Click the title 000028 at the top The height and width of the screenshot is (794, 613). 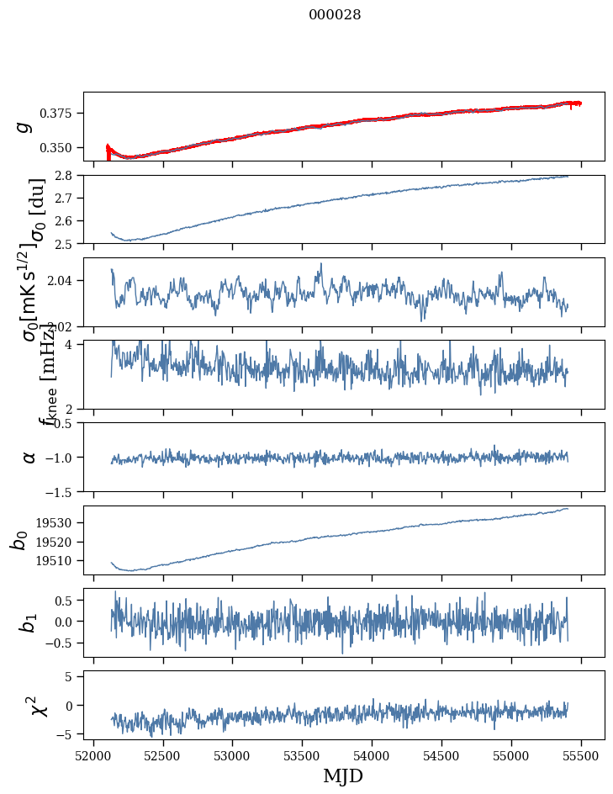(x=335, y=15)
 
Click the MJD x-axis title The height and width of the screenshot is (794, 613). (x=343, y=775)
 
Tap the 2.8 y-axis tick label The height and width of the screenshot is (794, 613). (x=66, y=175)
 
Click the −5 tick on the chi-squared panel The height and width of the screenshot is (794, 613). (x=68, y=734)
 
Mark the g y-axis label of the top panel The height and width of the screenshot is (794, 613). (x=24, y=125)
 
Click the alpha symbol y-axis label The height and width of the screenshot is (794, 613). (x=29, y=456)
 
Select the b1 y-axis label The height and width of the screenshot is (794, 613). (x=28, y=622)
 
